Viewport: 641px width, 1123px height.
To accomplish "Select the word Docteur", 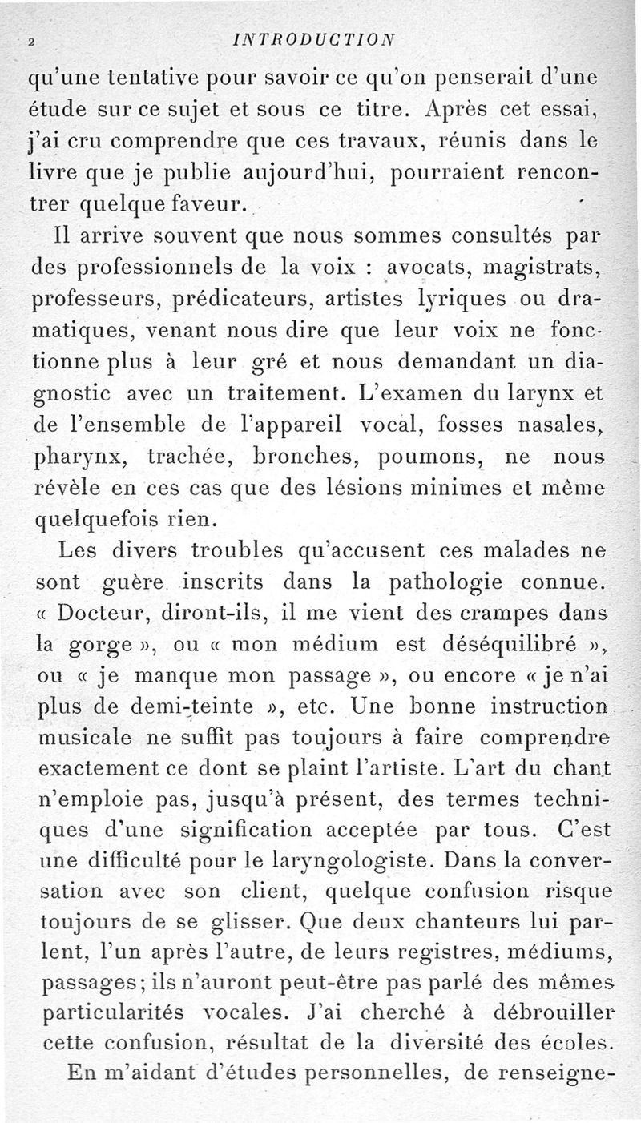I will (104, 614).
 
